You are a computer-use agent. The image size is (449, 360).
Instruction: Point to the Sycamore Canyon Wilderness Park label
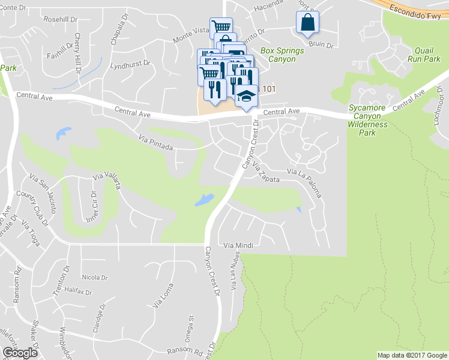[369, 120]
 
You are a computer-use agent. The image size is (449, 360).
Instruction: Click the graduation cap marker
[246, 97]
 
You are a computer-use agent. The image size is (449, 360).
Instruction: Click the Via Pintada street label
[155, 143]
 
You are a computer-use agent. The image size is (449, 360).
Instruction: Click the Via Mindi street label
[235, 245]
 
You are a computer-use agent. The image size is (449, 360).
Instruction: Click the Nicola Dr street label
[95, 278]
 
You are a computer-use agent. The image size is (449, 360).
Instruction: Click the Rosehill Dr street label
[62, 19]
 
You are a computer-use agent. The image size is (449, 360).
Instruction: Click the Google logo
[19, 352]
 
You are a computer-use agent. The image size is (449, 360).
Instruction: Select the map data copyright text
[412, 355]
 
